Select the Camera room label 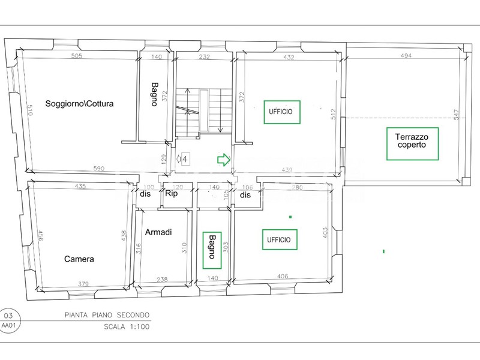(x=79, y=259)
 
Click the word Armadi (x=158, y=232)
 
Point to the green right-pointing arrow (x=223, y=160)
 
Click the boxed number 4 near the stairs (x=185, y=159)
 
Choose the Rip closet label (x=172, y=194)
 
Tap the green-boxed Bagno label (x=212, y=247)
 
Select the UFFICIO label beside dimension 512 (x=282, y=112)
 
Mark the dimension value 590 (x=100, y=169)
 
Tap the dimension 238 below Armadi (x=161, y=279)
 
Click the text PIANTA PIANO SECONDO (x=107, y=315)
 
